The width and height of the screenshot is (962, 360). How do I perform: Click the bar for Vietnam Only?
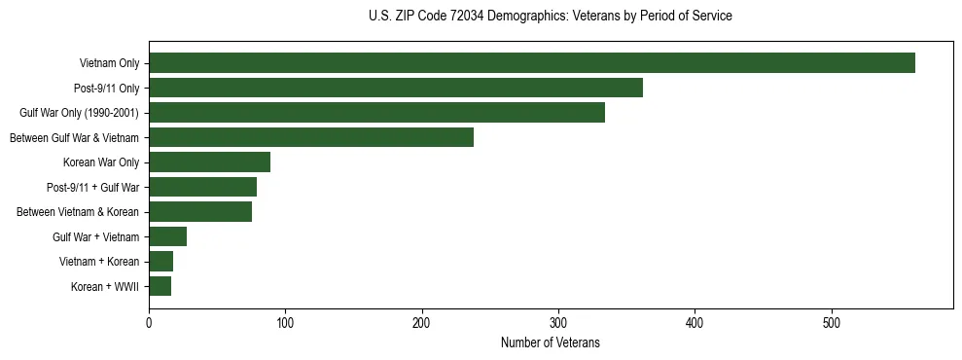coord(531,63)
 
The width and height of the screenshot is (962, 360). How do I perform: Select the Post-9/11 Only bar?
coord(395,88)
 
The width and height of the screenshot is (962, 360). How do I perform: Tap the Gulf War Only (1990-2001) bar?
coord(376,112)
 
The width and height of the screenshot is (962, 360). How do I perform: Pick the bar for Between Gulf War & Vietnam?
coord(310,137)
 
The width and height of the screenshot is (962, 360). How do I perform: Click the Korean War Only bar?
coord(209,162)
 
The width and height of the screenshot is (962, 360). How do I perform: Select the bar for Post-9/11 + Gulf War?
coord(202,187)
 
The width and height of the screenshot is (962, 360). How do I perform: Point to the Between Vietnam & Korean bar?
coord(200,211)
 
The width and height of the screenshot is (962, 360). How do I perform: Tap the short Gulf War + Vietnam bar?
coord(167,236)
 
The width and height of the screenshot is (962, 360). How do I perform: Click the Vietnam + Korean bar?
coord(160,261)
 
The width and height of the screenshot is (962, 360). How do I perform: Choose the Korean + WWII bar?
coord(160,286)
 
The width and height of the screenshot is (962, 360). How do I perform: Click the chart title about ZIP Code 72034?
coord(551,17)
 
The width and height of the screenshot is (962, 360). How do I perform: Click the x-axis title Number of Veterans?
coord(550,343)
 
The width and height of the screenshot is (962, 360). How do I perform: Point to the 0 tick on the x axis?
coord(149,324)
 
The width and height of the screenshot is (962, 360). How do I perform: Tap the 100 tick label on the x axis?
coord(285,324)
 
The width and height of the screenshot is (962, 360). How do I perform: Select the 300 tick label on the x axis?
coord(558,324)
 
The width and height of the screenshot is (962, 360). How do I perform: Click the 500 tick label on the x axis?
coord(832,324)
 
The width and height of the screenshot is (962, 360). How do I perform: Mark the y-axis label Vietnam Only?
coord(108,63)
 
